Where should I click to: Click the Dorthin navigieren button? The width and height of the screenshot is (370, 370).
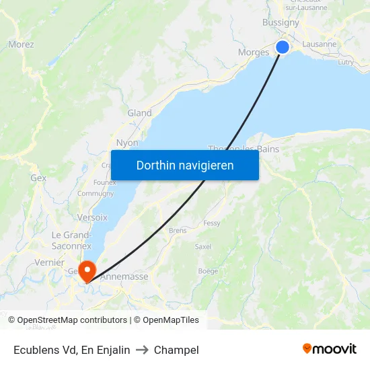click(185, 165)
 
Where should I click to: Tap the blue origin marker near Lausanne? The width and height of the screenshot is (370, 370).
click(283, 46)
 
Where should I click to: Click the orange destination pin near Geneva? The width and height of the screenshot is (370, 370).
click(87, 270)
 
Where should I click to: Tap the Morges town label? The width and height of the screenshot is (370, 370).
click(254, 52)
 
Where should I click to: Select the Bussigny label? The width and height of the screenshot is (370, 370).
click(281, 22)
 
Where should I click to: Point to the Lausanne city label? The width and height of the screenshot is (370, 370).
click(320, 44)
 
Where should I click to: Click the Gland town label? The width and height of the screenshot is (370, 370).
click(139, 113)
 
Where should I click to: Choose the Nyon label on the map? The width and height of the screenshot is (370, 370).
click(127, 143)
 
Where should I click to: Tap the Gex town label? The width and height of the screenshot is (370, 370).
click(38, 178)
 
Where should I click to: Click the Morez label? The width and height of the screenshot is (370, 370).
click(21, 44)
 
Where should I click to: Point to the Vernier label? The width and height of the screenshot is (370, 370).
click(49, 262)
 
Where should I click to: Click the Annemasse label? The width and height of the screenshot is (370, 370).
click(124, 276)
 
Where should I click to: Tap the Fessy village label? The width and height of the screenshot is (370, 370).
click(211, 223)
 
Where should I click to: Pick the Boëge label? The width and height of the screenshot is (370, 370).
click(208, 271)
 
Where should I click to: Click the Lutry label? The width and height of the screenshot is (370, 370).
click(346, 62)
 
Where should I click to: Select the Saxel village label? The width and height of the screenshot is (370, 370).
click(202, 247)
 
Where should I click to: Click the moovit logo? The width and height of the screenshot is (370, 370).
click(329, 349)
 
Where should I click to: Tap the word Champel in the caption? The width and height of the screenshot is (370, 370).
click(176, 350)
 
